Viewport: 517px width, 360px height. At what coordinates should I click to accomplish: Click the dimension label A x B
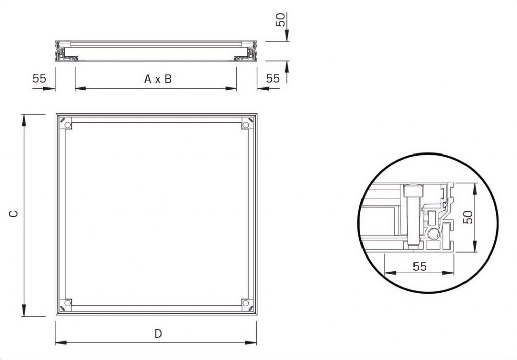(x=158, y=79)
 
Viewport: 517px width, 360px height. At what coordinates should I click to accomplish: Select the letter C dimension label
(x=15, y=214)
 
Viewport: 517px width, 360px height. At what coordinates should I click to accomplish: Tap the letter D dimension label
(x=158, y=333)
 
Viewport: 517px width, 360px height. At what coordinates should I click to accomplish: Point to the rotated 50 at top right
(x=281, y=20)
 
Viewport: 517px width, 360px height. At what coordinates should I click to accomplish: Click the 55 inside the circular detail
(x=420, y=266)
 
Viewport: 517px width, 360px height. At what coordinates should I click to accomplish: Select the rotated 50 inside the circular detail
(x=468, y=218)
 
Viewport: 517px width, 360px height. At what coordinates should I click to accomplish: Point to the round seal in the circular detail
(x=433, y=233)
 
